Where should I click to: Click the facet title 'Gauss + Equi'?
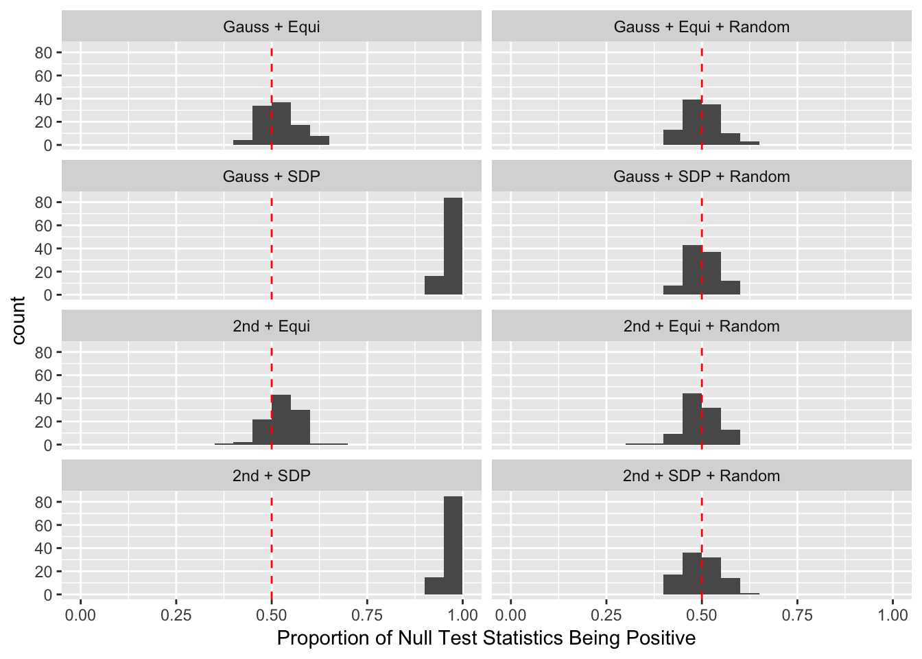click(x=272, y=27)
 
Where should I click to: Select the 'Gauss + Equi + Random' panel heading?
click(x=701, y=27)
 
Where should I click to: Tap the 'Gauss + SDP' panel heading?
click(x=272, y=177)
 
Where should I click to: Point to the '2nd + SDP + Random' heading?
click(x=701, y=476)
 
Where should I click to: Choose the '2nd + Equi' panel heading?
click(x=272, y=327)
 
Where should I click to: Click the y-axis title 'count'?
click(x=19, y=321)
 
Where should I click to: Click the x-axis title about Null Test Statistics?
click(x=486, y=638)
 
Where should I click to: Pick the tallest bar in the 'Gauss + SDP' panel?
click(x=453, y=246)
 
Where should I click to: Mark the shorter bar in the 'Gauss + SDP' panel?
click(x=434, y=286)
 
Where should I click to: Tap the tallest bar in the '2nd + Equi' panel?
click(x=281, y=420)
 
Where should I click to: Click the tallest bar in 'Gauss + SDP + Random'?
click(x=692, y=270)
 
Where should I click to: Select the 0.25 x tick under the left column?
click(x=176, y=614)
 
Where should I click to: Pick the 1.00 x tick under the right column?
click(x=893, y=614)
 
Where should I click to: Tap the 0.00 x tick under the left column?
click(x=81, y=614)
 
